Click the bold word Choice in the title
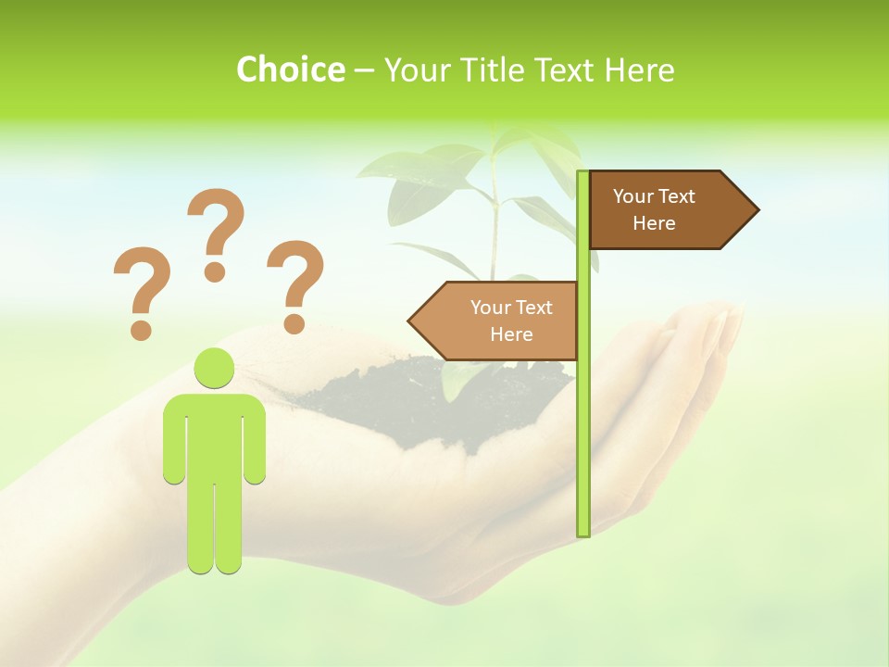(x=290, y=69)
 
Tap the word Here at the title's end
(x=639, y=69)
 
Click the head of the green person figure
(x=214, y=368)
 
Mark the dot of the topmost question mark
(x=215, y=271)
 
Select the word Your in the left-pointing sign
(x=491, y=308)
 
